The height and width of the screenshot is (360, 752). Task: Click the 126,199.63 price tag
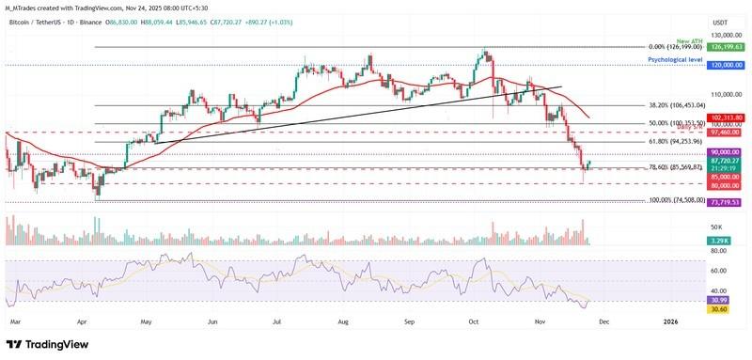point(728,46)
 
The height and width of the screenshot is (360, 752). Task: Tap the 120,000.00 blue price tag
point(728,65)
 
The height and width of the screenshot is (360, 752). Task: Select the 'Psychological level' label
point(676,59)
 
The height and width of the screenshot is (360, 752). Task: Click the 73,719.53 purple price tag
point(728,202)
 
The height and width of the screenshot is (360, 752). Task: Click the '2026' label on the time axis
point(670,321)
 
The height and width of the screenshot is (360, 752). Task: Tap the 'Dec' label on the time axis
point(604,321)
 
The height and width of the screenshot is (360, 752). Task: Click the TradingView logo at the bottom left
point(47,344)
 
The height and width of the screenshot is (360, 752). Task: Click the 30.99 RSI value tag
point(723,299)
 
